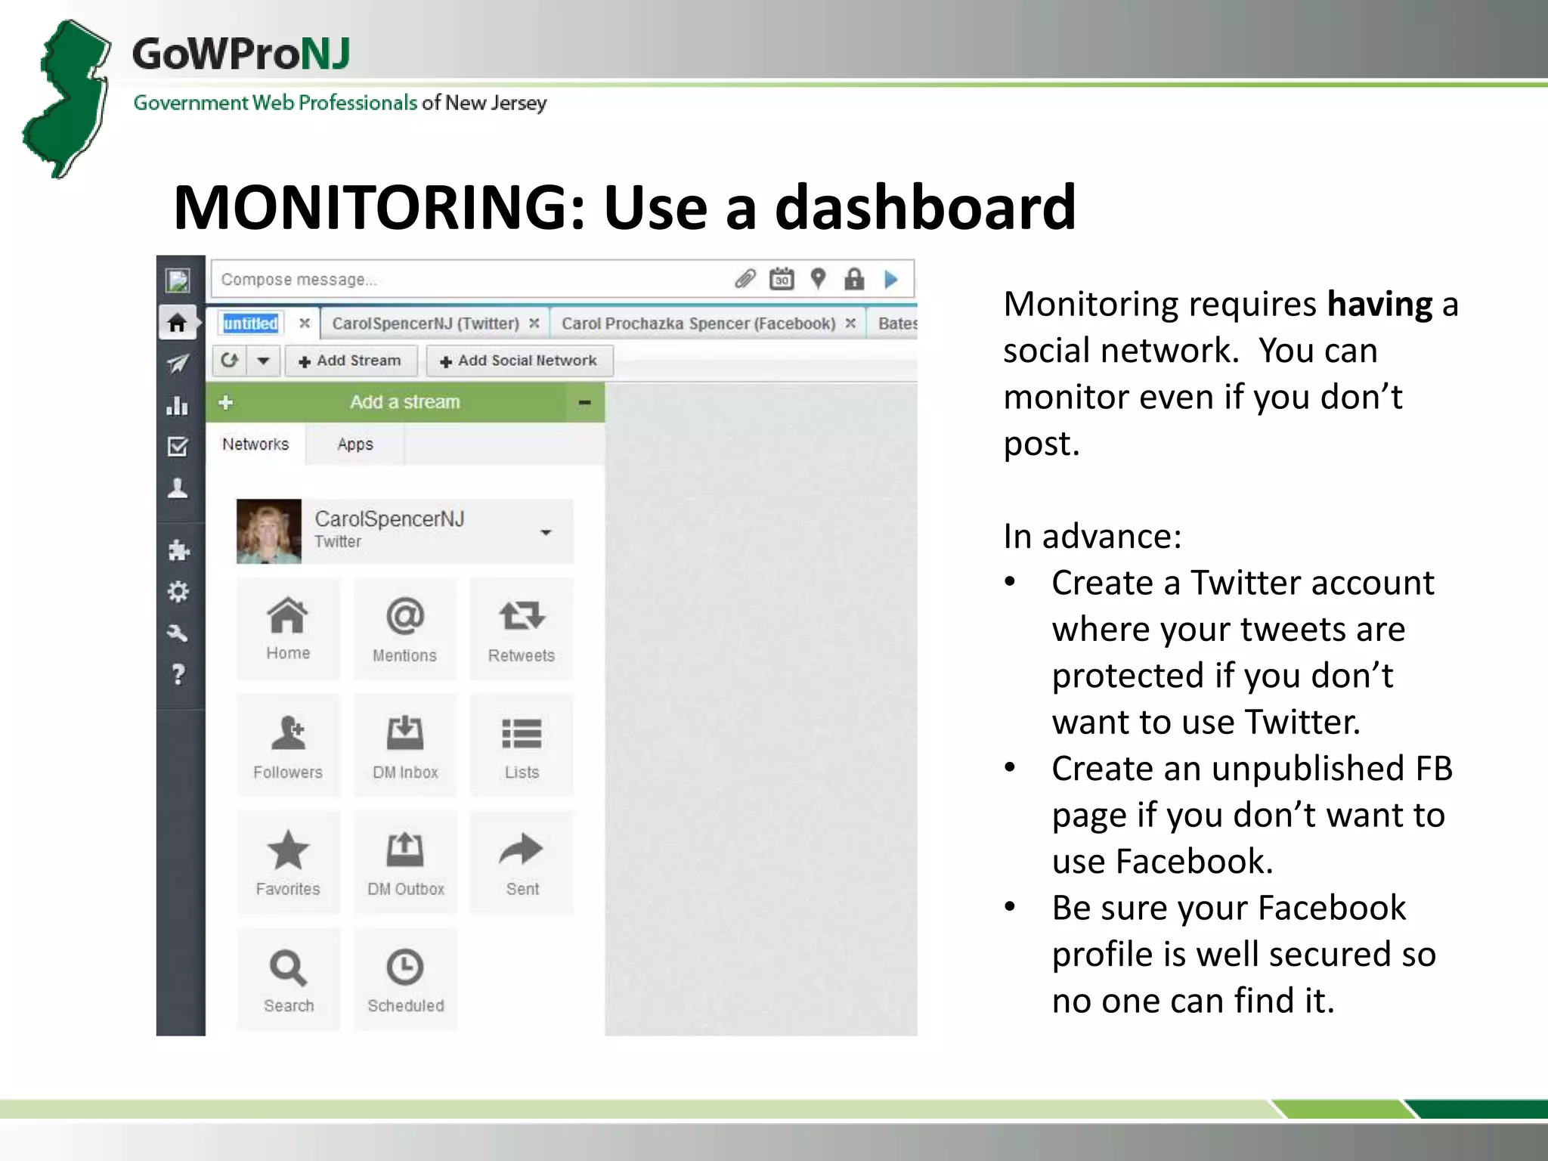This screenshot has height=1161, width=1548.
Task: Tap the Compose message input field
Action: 469,280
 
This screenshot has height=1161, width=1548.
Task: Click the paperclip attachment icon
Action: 745,280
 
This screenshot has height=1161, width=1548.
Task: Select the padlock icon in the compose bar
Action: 854,280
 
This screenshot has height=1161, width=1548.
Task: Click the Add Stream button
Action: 351,361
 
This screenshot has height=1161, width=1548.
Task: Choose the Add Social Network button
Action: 519,361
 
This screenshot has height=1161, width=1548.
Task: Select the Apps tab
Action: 354,444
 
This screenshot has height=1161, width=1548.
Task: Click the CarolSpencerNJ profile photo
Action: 268,531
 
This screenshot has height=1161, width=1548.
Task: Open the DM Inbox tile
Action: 405,745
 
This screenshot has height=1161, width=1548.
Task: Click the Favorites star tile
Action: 288,862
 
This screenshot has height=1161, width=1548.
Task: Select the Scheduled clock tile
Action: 405,979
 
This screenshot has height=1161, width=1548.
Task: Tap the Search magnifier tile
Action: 288,979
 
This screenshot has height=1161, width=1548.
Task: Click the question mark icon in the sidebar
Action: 178,673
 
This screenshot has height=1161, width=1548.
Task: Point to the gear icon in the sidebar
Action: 178,591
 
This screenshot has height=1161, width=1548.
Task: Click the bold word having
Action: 1379,305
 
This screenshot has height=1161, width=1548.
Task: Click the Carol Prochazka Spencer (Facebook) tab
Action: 698,324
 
